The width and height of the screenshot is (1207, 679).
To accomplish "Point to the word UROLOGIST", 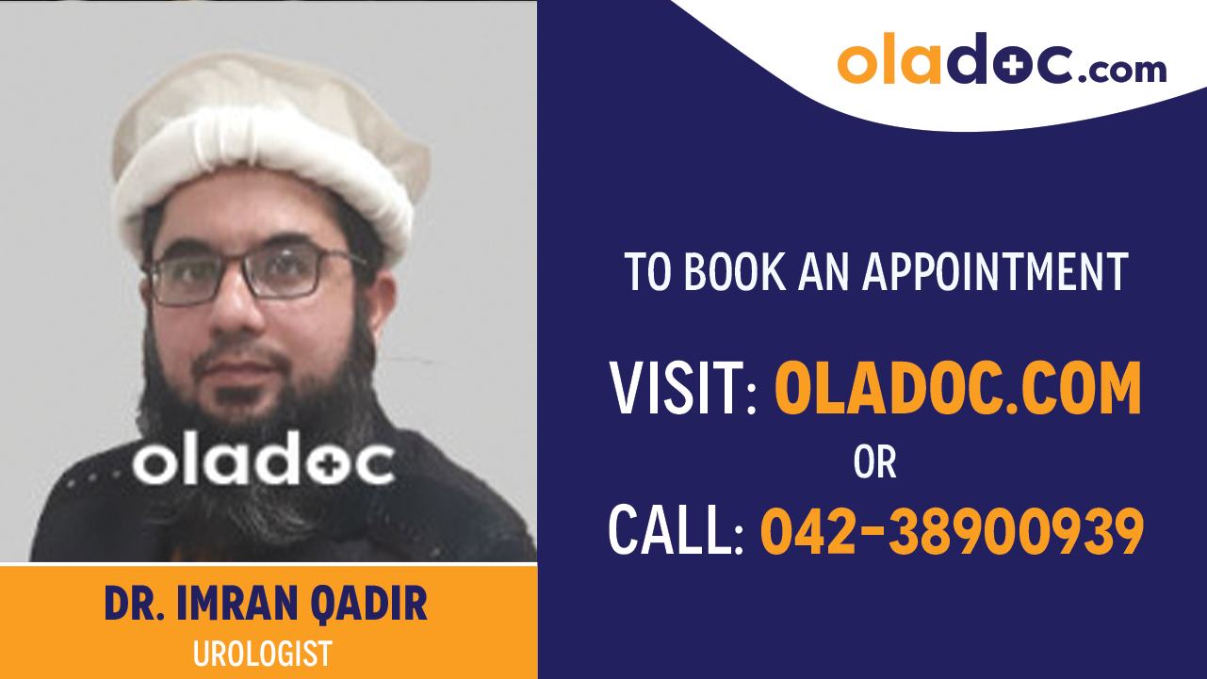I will coord(263,654).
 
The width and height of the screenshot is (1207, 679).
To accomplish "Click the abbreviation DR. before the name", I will coord(131,606).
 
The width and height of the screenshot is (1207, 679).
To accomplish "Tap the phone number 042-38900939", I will coord(952,530).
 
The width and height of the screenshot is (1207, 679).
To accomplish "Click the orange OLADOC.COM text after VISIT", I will coord(957,390).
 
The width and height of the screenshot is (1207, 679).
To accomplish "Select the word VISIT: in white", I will coord(683,390).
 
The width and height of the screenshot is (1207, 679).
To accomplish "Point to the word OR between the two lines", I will coord(874,462).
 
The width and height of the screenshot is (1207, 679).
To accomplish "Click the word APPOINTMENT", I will coord(995,271).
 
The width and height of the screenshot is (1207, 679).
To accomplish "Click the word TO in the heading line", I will coord(649,271).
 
